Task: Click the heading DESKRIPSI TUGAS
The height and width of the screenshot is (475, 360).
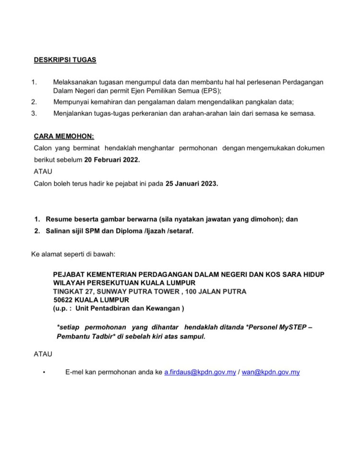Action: pyautogui.click(x=65, y=60)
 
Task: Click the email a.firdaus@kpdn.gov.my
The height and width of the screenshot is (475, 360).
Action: pyautogui.click(x=200, y=372)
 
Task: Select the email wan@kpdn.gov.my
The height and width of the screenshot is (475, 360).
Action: pyautogui.click(x=271, y=372)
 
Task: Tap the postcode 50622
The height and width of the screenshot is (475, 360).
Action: pyautogui.click(x=63, y=300)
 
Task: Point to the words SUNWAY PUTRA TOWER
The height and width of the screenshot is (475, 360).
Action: pyautogui.click(x=136, y=292)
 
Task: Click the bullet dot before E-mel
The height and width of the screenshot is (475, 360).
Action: pyautogui.click(x=44, y=373)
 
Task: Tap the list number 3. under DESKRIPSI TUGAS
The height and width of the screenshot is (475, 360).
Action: pyautogui.click(x=34, y=113)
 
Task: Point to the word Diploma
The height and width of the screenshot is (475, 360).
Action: pyautogui.click(x=129, y=231)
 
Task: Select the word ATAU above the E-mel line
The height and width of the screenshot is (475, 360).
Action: pyautogui.click(x=44, y=354)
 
